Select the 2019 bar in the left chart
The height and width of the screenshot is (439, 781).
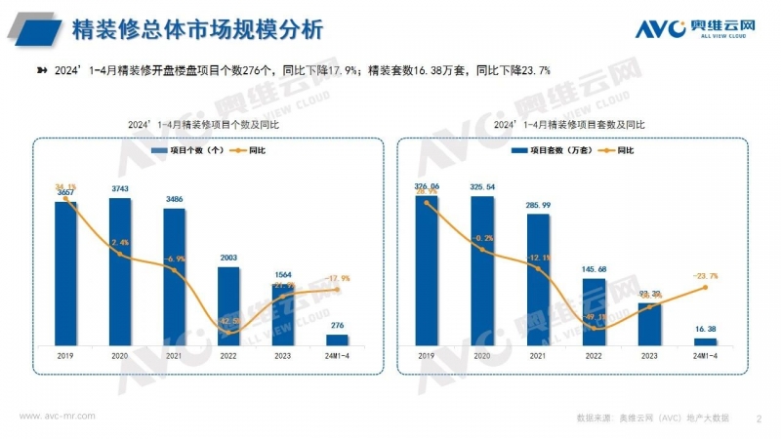point(65,273)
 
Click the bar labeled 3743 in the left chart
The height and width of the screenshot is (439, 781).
point(120,271)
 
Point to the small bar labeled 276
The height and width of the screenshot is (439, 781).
point(338,339)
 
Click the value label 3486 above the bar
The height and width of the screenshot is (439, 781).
point(175,199)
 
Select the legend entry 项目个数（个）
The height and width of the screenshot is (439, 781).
point(188,150)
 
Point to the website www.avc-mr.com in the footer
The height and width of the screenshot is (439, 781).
point(58,416)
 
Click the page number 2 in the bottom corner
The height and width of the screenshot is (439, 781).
point(759,419)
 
